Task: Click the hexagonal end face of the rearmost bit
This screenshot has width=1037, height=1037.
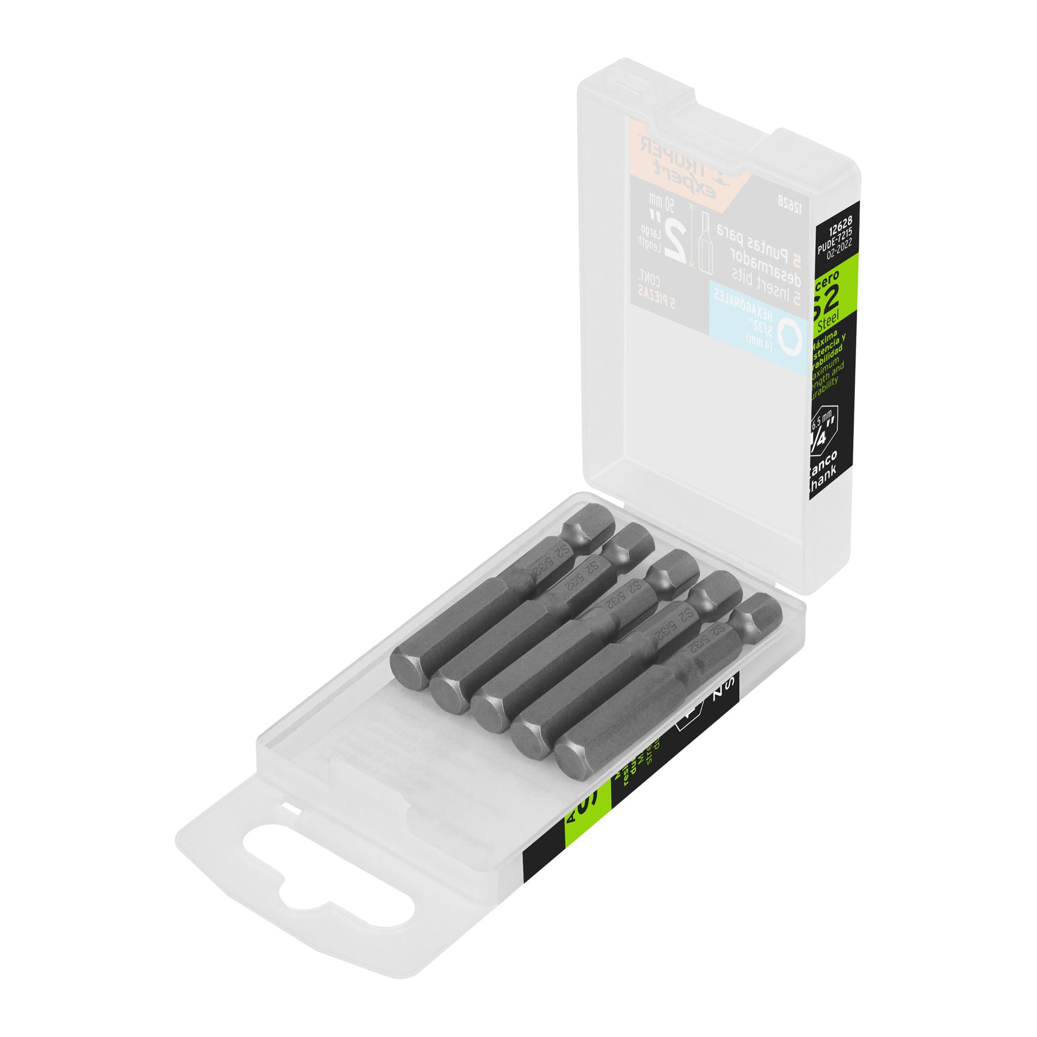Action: tap(410, 668)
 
